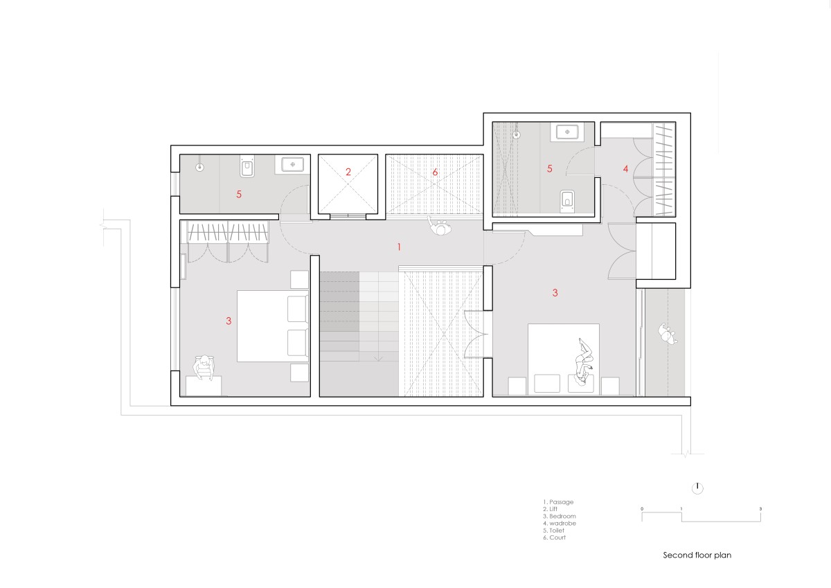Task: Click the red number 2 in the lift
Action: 348,172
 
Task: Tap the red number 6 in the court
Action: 435,172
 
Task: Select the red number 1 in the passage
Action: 399,247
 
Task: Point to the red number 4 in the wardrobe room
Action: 625,169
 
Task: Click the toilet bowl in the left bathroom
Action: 247,168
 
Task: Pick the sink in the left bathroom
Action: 292,164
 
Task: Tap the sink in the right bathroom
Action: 567,132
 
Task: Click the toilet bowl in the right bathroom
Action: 566,201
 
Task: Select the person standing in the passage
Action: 440,226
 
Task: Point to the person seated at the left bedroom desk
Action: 204,367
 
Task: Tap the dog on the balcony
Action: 668,335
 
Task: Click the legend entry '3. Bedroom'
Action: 560,516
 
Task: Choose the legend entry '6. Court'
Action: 554,537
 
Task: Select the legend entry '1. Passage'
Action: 558,502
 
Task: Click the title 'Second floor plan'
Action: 697,555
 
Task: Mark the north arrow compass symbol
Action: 697,488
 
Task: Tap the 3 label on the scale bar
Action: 760,508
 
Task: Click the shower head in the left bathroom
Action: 199,168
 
